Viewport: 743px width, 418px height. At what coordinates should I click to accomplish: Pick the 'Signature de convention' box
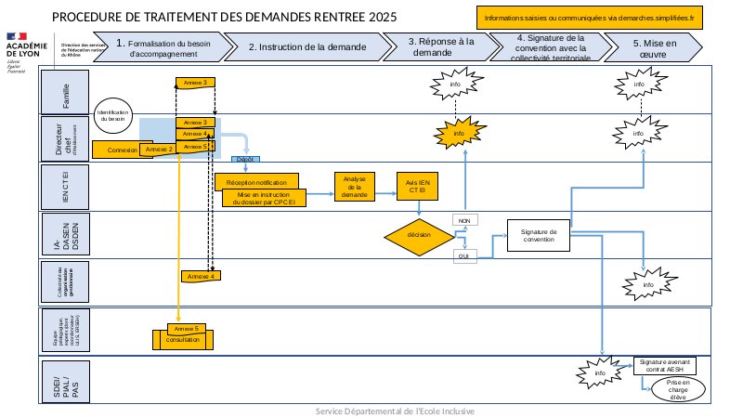click(539, 236)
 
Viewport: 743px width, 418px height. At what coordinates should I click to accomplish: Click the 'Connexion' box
click(122, 150)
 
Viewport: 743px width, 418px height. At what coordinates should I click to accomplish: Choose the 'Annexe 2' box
click(160, 149)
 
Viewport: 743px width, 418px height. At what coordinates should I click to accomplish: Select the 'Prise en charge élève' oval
click(676, 389)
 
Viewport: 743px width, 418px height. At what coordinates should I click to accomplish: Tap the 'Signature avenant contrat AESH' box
click(666, 365)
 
